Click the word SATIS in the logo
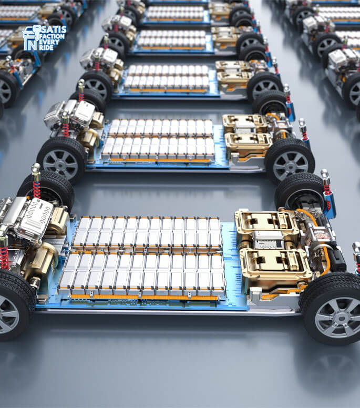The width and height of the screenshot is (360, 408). [x=54, y=29]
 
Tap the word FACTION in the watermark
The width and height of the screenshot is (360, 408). [x=52, y=36]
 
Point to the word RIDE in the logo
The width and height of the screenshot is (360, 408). [x=46, y=48]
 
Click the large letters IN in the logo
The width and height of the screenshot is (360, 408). [x=30, y=44]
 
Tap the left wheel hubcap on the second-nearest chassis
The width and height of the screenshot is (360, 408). [x=60, y=162]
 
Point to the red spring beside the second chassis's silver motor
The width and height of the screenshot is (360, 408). [x=66, y=130]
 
